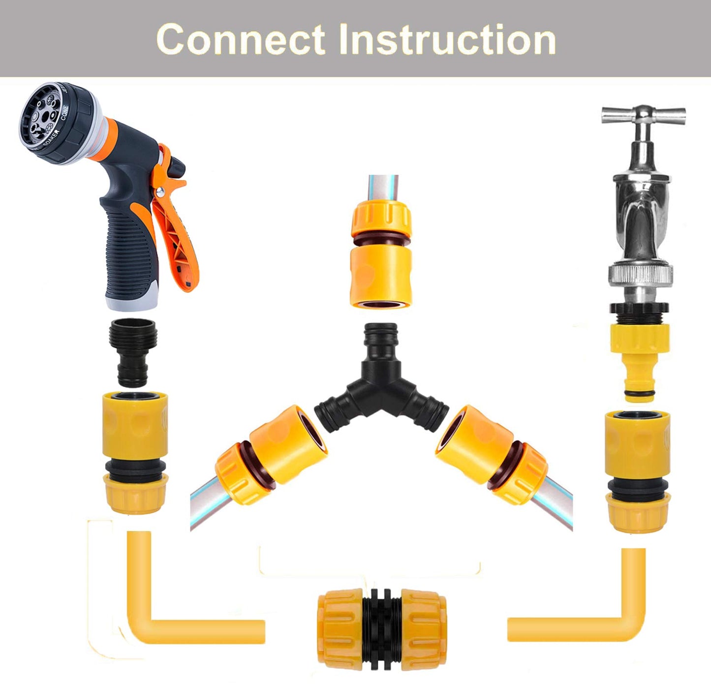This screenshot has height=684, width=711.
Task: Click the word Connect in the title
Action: [x=240, y=39]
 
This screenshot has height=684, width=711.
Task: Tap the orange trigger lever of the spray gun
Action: [x=175, y=231]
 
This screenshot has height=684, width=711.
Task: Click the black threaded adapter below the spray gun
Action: [x=133, y=352]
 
